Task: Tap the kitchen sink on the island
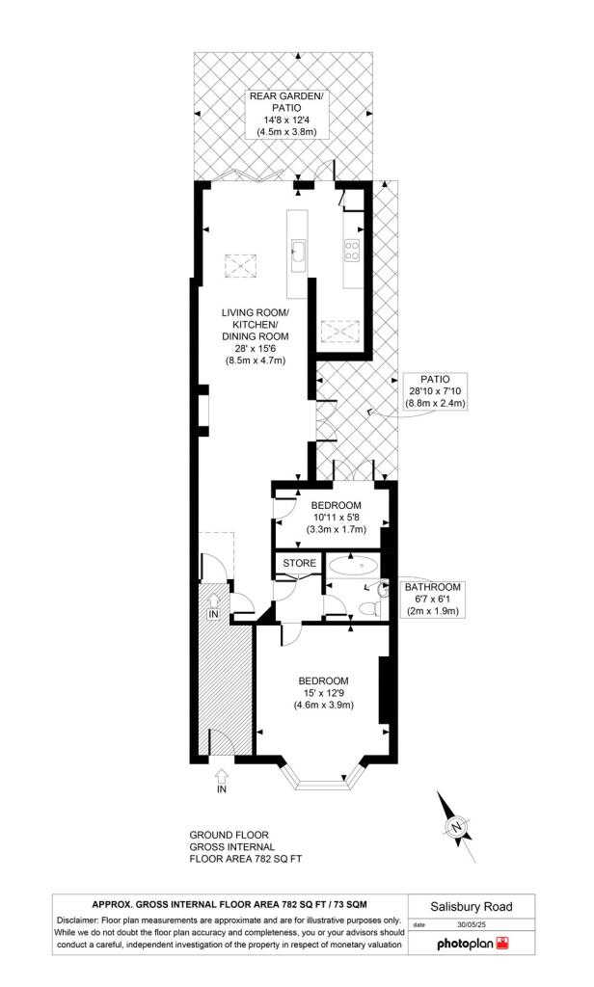click(298, 253)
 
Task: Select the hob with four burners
click(351, 252)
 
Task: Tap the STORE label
click(299, 563)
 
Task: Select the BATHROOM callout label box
click(432, 599)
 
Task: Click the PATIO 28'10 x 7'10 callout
click(434, 391)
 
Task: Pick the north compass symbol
click(458, 826)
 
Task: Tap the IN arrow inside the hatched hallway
click(213, 608)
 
